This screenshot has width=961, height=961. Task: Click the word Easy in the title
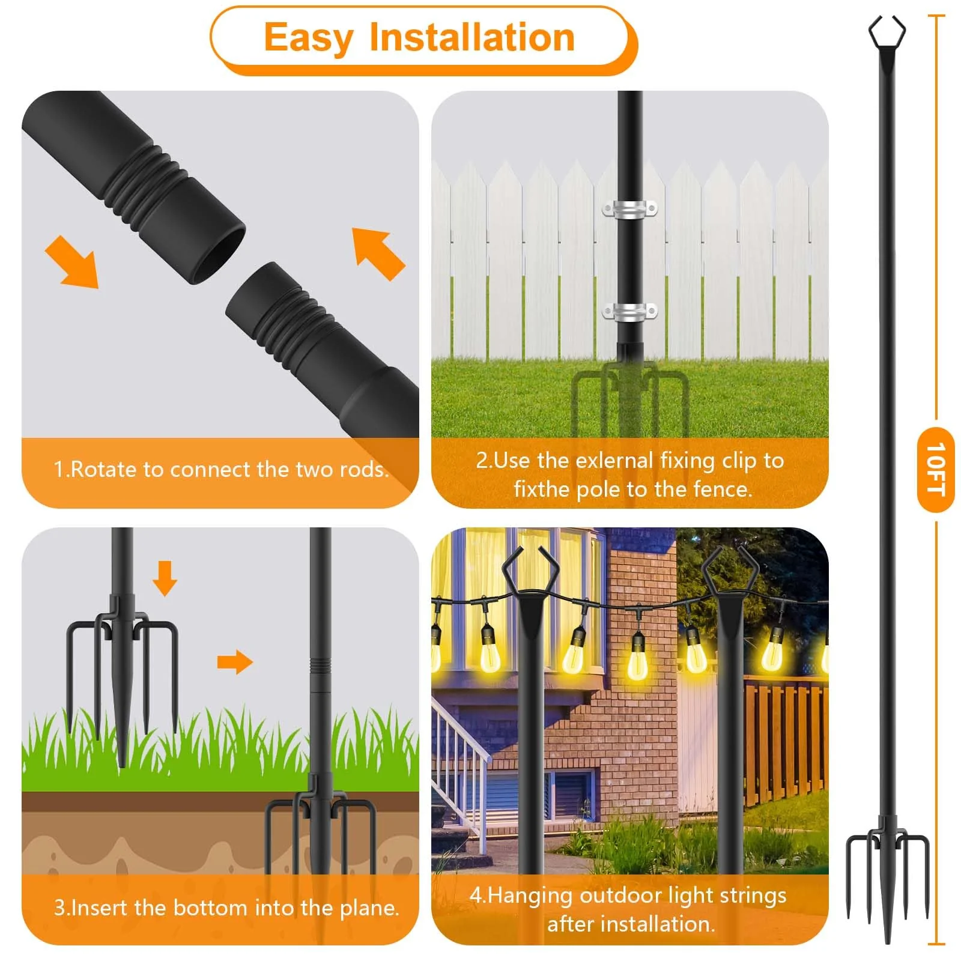pos(308,38)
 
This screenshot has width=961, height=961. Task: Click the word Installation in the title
pos(472,38)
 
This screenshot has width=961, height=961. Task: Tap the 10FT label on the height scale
pos(935,469)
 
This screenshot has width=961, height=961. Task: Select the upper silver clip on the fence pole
pos(629,210)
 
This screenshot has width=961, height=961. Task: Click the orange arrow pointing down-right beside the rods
pos(73,262)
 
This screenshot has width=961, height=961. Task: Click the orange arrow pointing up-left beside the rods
pos(377,253)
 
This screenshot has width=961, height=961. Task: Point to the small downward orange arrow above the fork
pos(165,578)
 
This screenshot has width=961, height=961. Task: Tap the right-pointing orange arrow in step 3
pos(235,662)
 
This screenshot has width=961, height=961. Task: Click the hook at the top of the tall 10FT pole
pos(887,33)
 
